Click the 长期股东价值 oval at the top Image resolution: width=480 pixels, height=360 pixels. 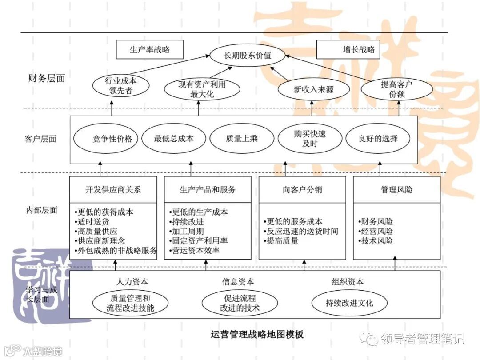(247, 56)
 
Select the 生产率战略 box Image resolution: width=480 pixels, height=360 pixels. (150, 50)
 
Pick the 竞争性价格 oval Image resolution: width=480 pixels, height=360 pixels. (106, 138)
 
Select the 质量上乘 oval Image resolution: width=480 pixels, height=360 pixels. (241, 138)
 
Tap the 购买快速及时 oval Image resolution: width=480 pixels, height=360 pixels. (310, 139)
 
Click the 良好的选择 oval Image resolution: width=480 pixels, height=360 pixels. (378, 138)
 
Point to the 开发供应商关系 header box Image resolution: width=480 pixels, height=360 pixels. (113, 190)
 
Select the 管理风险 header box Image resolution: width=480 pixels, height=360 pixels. (396, 190)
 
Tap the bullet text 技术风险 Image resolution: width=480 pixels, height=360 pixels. (376, 241)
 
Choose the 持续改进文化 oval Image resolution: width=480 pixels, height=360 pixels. (349, 303)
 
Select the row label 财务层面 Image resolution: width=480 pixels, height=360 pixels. (46, 78)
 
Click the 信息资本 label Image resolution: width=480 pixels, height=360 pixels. (238, 282)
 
